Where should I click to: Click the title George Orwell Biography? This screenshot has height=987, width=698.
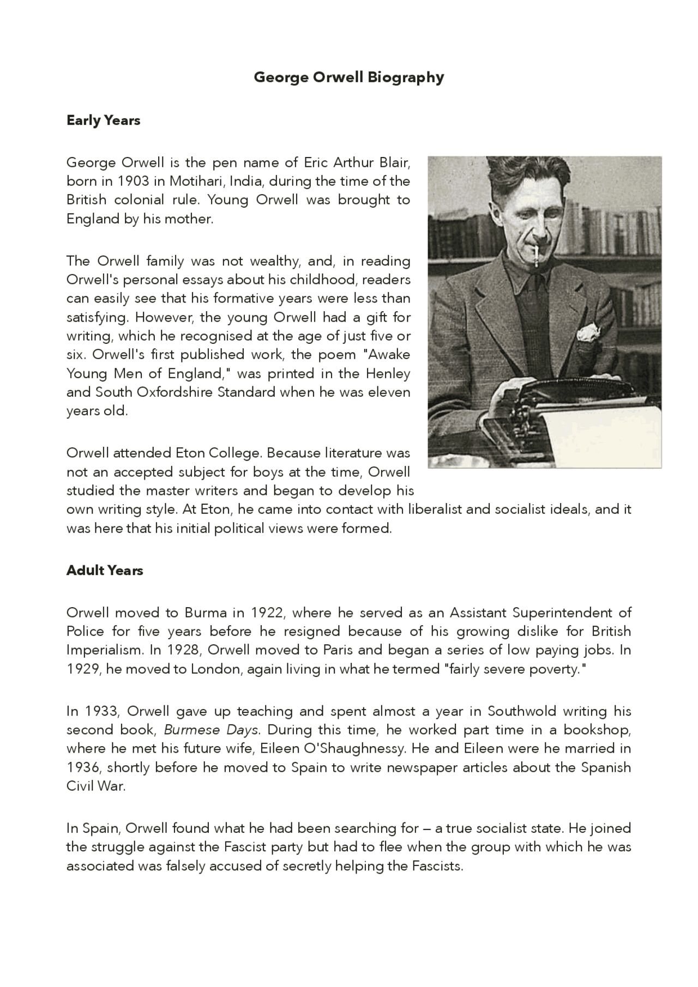348,77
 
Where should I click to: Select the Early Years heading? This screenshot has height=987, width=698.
103,120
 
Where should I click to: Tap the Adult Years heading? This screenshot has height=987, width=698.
105,571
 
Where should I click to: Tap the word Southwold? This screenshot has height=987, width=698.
522,711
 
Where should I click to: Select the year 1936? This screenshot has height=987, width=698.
83,768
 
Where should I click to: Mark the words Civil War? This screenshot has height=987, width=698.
95,787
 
